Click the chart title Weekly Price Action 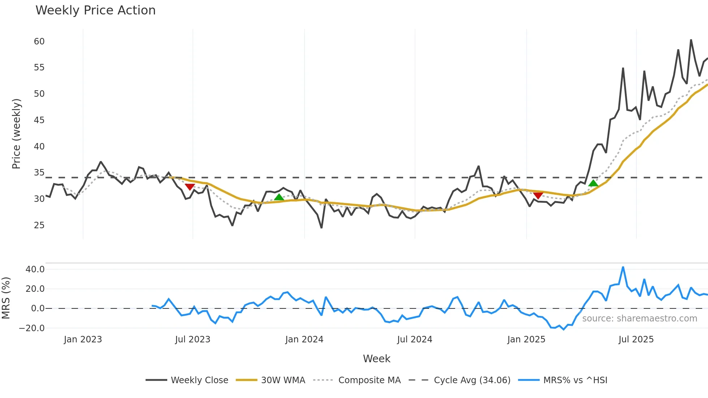point(95,10)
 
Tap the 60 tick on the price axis point(39,42)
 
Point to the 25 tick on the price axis point(39,225)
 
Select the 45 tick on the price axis point(39,120)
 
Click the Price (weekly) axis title point(16,134)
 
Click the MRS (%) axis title point(6,298)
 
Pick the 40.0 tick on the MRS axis point(35,269)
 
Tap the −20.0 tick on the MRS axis point(32,328)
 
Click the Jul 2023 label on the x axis point(193,339)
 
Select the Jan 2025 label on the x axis point(526,339)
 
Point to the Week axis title point(376,359)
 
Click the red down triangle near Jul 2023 point(190,187)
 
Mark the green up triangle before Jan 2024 point(279,197)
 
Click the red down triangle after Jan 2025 point(538,196)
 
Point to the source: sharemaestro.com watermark point(639,319)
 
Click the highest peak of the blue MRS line point(623,268)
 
